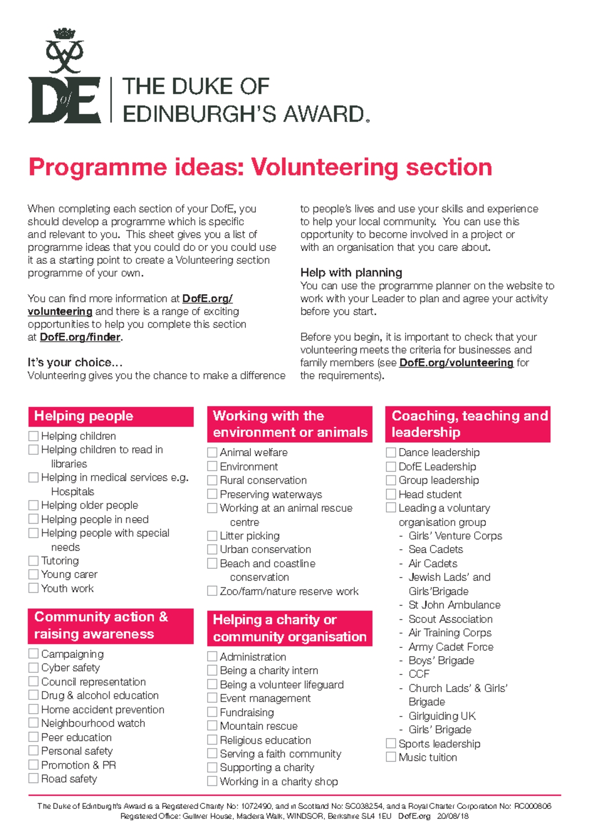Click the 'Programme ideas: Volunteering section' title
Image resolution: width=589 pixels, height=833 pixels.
coord(260,167)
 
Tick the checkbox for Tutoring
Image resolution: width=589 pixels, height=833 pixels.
coord(33,560)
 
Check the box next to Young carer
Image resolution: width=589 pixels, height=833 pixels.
coord(33,574)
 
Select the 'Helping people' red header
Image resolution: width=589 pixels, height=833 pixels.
coord(110,416)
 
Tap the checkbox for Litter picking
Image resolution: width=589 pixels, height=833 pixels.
coord(212,535)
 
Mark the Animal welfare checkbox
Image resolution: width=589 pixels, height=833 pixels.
coord(212,452)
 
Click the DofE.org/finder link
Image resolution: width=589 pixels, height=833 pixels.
coord(80,337)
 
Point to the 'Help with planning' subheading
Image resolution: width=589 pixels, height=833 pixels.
coord(351,273)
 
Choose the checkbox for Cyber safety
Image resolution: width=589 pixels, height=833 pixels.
coord(33,667)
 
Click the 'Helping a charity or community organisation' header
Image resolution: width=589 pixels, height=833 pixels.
coord(290,628)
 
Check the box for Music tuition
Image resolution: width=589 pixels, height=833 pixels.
coord(391,757)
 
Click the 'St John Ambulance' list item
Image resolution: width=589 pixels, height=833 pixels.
coord(454,605)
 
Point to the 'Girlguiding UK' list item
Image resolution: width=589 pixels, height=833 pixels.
coord(442,716)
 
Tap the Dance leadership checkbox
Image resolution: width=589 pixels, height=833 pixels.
coord(391,452)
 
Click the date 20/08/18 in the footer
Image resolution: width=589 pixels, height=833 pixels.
coord(453,816)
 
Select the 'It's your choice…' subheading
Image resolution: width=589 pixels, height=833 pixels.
coord(75,362)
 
